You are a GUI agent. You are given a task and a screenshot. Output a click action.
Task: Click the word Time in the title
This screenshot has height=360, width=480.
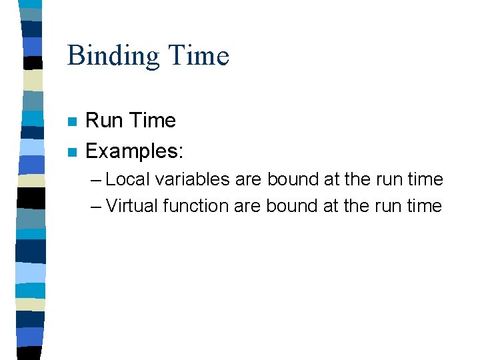tap(199, 56)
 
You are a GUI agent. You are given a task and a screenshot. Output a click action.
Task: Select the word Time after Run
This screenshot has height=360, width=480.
tap(153, 121)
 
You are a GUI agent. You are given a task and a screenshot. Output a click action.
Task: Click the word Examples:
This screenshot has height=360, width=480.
tap(134, 151)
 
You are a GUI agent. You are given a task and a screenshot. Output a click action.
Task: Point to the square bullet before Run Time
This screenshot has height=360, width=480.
tap(73, 122)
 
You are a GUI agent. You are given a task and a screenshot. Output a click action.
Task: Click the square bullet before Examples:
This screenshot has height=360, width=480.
tap(73, 152)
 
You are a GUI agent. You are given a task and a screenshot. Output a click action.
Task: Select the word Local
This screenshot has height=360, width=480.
tap(129, 179)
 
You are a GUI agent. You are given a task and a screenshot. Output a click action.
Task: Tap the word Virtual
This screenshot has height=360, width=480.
tap(131, 206)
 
